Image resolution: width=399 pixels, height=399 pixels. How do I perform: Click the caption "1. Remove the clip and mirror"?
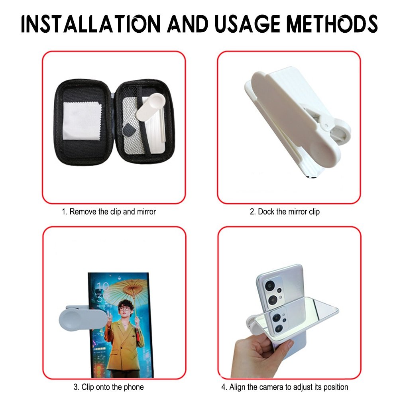click(x=108, y=212)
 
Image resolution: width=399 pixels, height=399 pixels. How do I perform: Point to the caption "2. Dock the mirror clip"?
click(x=285, y=212)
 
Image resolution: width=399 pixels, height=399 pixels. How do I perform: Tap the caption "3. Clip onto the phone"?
click(x=108, y=387)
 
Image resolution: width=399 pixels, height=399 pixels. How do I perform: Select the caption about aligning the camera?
click(x=285, y=387)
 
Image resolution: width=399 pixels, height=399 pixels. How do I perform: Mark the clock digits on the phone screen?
click(x=103, y=291)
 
